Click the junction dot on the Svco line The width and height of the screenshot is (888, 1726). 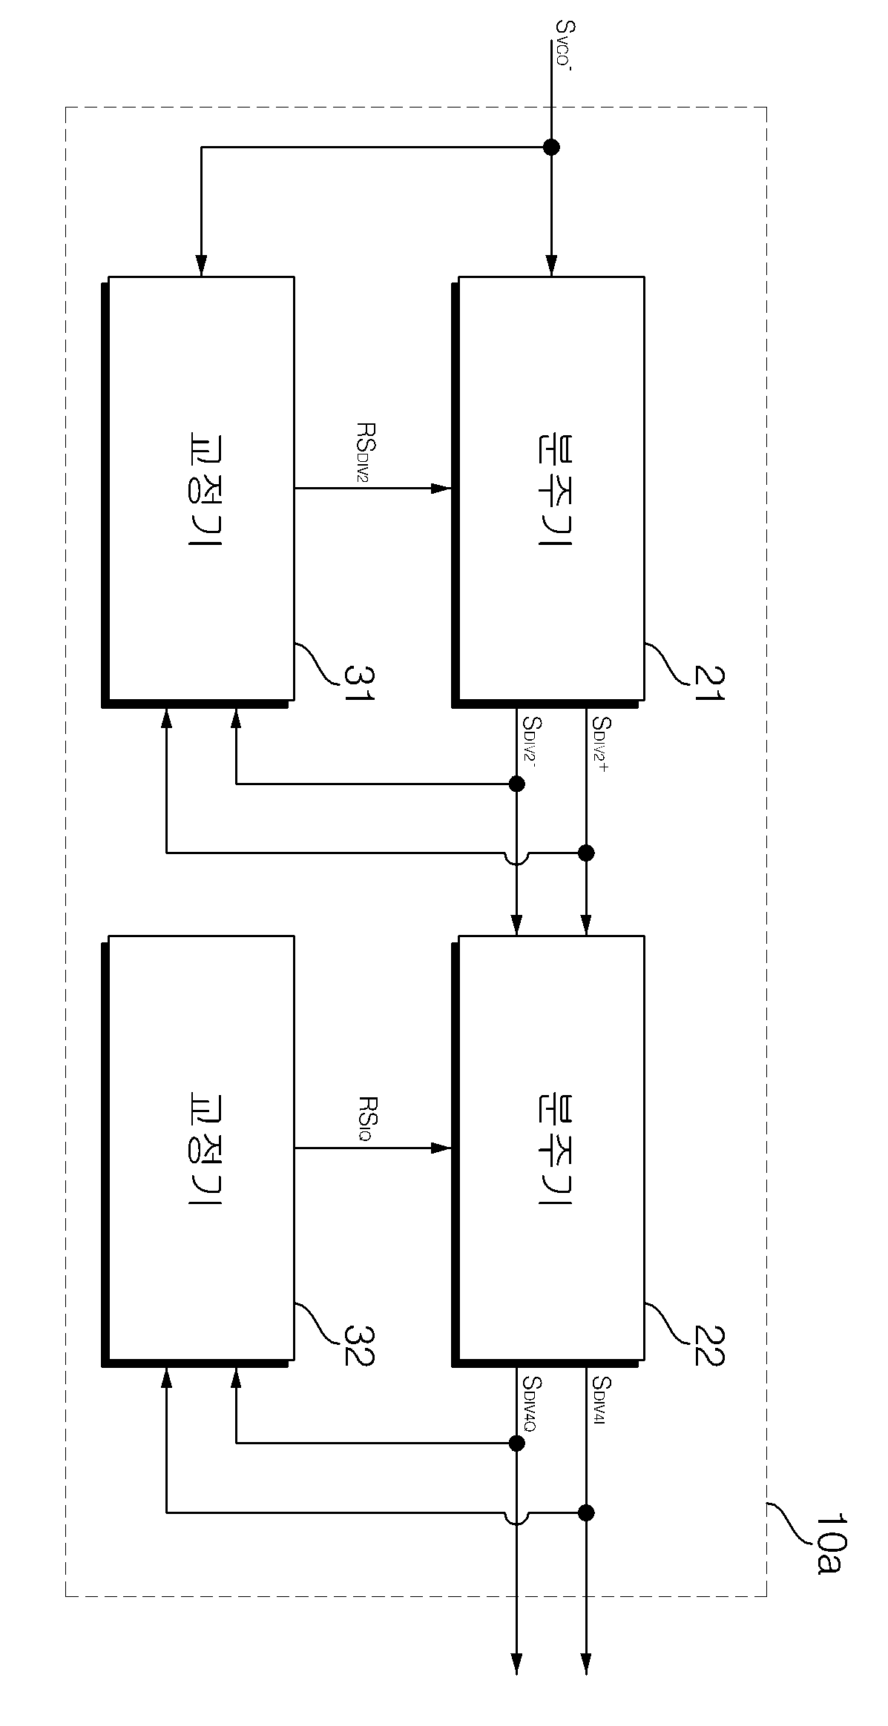pyautogui.click(x=551, y=147)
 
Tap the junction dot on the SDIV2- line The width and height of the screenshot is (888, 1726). pyautogui.click(x=517, y=784)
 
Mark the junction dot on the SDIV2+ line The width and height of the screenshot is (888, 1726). pyautogui.click(x=586, y=853)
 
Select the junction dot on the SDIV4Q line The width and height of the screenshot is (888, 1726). pyautogui.click(x=517, y=1443)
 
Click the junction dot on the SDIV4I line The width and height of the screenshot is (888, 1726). pyautogui.click(x=586, y=1512)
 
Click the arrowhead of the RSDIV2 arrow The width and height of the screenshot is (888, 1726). pyautogui.click(x=442, y=488)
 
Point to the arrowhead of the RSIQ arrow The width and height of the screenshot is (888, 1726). pyautogui.click(x=442, y=1148)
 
